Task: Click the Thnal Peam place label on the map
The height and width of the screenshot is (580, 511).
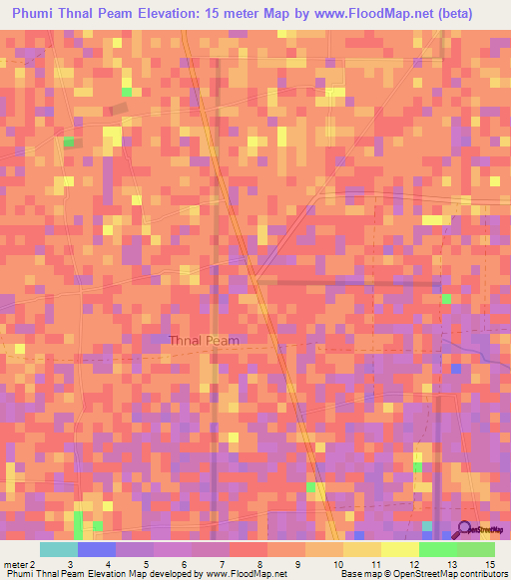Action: (204, 341)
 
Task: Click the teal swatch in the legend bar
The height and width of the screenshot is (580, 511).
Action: (58, 549)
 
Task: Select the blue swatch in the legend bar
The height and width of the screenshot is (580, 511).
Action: (96, 549)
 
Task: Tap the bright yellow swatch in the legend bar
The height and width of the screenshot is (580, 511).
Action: (399, 549)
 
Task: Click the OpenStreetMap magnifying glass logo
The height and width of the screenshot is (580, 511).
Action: (466, 529)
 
